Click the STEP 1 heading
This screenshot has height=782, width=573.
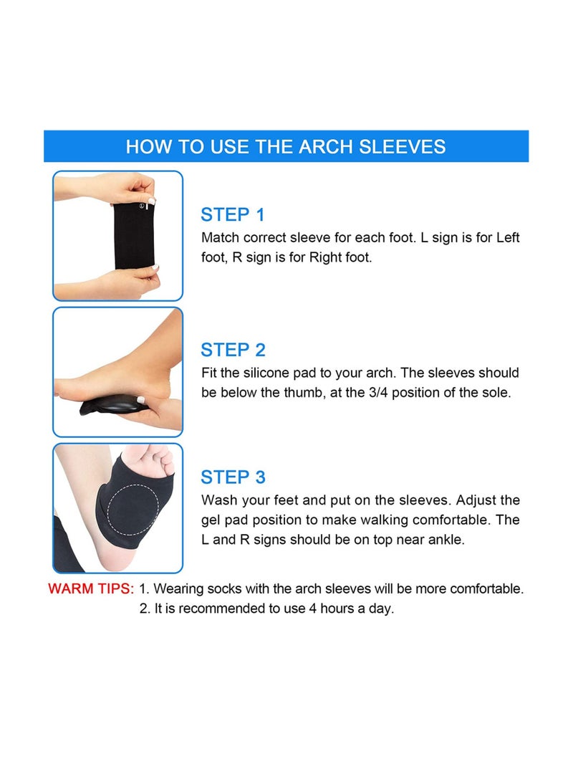[233, 214]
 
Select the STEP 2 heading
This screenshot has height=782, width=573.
[233, 350]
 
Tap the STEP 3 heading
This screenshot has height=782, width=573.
[233, 477]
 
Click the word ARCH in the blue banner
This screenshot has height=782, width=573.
[315, 147]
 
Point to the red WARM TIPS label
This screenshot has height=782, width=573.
[91, 589]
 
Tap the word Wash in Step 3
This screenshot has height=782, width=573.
[218, 500]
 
